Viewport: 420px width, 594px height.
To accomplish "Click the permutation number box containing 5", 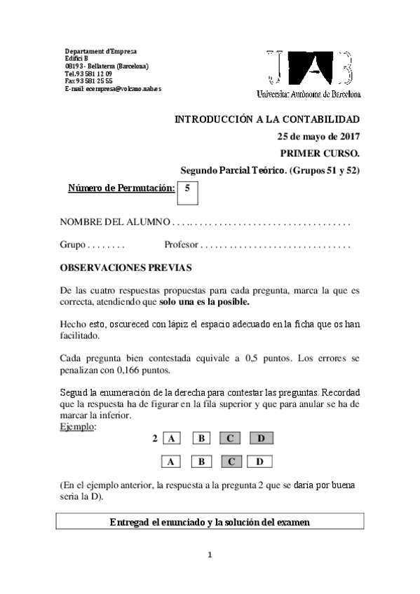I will point(187,193).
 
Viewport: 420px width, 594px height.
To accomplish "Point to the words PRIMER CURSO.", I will point(319,153).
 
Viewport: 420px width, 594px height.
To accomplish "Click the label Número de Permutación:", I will point(121,187).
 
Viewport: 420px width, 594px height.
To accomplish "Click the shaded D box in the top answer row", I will point(260,439).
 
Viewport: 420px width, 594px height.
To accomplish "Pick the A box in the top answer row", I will point(171,439).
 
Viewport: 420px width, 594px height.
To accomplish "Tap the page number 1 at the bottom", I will point(210,555).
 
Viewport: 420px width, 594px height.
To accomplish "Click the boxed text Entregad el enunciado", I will point(210,522).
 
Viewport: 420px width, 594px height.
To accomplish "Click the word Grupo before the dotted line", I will point(72,245).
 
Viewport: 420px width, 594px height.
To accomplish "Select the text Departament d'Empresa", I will point(100,52).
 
